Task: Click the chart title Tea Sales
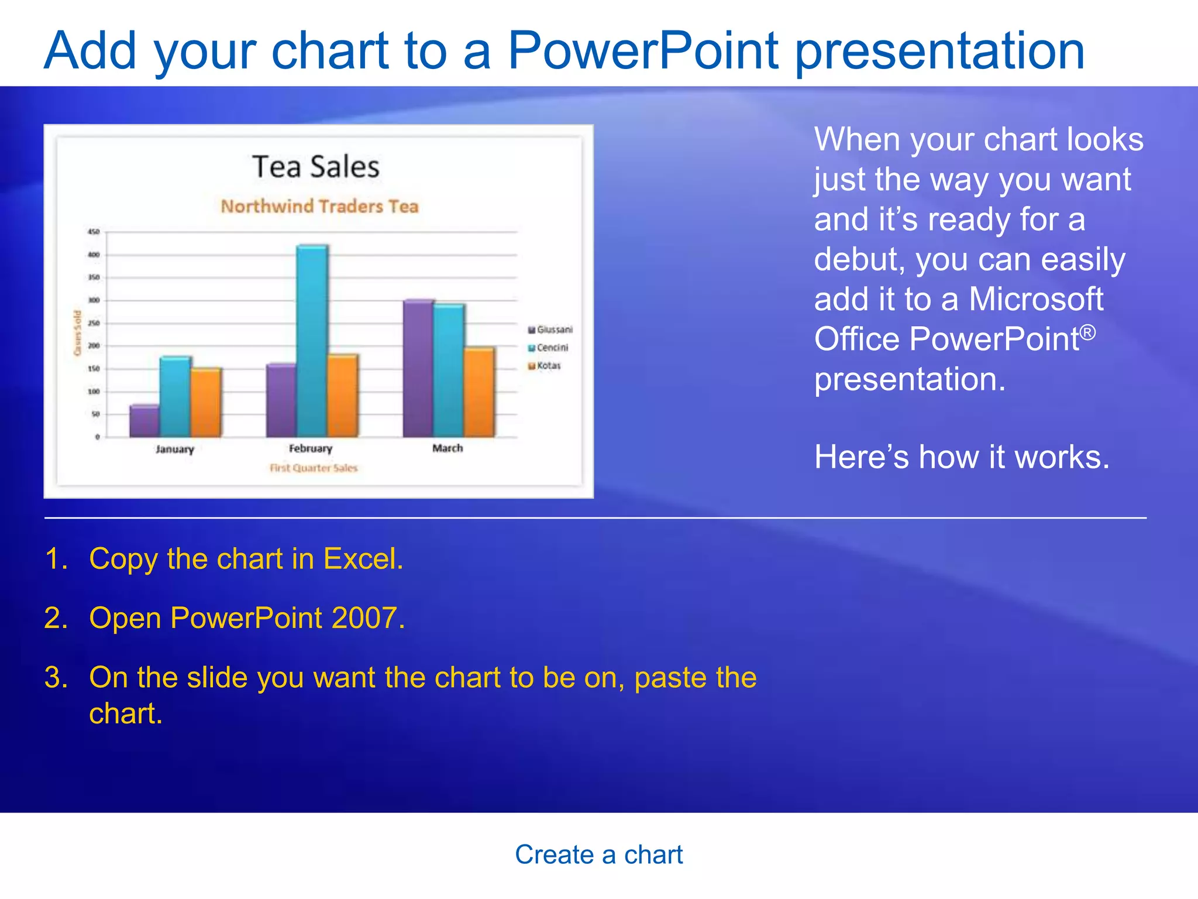(316, 167)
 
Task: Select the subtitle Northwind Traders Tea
(319, 206)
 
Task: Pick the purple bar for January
(144, 421)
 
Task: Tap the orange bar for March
(479, 392)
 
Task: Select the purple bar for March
(418, 368)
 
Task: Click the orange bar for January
(206, 403)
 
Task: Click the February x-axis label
(311, 448)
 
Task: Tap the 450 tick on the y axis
(94, 232)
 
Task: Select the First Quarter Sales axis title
(314, 468)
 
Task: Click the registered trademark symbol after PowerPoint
(1087, 332)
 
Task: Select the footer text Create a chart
(598, 855)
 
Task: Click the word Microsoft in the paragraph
(1035, 299)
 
